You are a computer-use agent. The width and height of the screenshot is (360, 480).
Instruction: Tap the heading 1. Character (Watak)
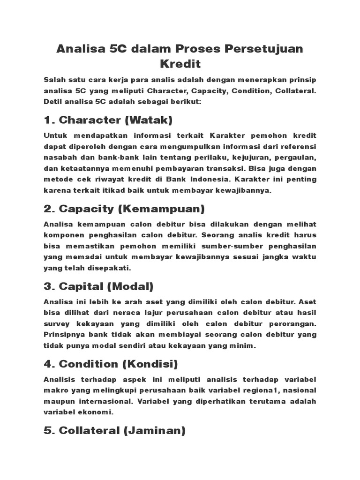tap(108, 120)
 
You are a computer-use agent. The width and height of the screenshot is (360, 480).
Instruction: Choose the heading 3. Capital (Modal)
tap(98, 286)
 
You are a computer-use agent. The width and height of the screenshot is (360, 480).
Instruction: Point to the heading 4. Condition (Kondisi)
tap(111, 364)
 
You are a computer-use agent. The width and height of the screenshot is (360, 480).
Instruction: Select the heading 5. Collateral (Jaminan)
tap(114, 430)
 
